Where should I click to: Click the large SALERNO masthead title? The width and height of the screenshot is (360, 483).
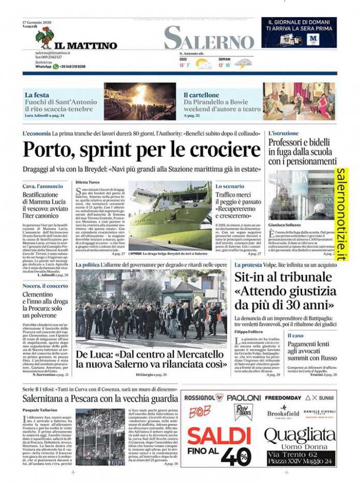point(209,38)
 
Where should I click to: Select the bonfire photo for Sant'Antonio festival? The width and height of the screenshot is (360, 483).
point(140,101)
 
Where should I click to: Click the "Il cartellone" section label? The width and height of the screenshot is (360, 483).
point(201,95)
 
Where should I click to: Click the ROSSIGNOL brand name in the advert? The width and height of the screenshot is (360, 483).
point(204,398)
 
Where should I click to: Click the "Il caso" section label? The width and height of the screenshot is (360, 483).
point(296,336)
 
